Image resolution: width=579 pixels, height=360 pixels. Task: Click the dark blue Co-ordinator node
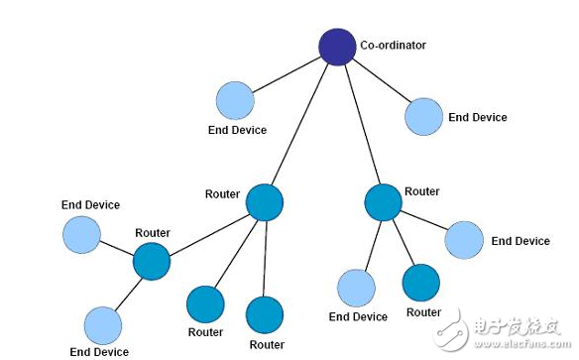337,47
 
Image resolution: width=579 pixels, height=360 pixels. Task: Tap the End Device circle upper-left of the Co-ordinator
235,101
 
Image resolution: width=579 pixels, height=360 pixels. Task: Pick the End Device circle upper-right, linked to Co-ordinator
423,116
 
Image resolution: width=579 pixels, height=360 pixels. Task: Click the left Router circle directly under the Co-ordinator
265,201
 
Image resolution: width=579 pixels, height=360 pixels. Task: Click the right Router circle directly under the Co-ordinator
383,201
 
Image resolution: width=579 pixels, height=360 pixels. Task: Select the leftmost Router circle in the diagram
152,262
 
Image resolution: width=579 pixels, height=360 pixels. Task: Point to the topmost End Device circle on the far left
81,235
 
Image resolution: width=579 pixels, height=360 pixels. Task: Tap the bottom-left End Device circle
102,325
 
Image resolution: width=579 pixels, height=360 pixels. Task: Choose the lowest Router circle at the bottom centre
266,314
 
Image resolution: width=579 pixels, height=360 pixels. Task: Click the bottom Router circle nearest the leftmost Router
205,304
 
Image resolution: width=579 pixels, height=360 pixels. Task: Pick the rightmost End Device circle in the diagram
464,240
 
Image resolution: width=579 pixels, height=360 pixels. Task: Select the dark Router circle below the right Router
421,283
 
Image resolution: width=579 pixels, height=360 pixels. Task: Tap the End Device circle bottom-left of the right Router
357,288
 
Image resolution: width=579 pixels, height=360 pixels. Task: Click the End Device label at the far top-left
90,205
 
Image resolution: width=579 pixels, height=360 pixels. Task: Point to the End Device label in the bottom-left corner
99,351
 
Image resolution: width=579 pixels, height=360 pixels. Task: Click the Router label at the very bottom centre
267,344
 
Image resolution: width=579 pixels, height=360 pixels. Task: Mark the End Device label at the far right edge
521,241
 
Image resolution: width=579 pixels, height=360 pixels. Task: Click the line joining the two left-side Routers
208,232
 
